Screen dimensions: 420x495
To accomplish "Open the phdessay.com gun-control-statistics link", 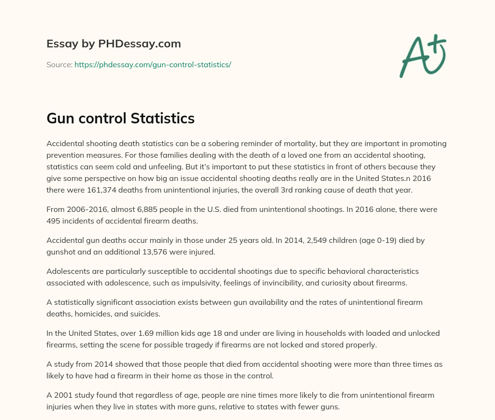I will tap(153, 64).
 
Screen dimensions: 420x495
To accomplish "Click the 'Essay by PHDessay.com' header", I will tap(114, 44).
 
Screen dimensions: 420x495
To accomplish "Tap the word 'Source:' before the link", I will tap(59, 64).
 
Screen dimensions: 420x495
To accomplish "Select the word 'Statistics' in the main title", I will tap(163, 118).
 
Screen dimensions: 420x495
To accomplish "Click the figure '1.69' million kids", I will tap(157, 333).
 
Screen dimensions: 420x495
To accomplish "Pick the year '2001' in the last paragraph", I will tap(61, 395).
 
